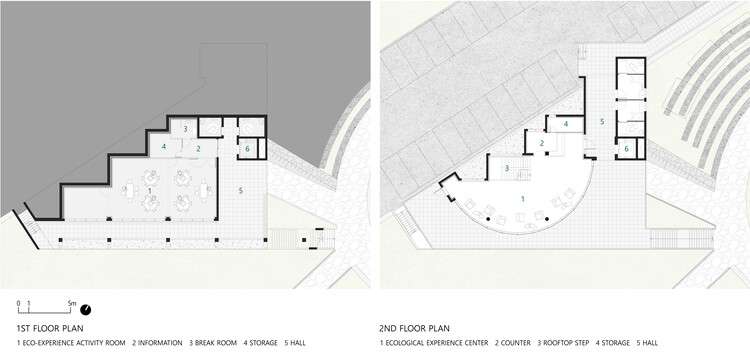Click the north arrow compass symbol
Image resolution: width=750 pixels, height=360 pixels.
[x=86, y=308]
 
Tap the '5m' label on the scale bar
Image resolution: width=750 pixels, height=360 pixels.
[x=71, y=301]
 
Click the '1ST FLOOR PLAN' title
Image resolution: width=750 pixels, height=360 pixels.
[x=50, y=328]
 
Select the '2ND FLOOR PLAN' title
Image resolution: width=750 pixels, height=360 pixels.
[x=415, y=328]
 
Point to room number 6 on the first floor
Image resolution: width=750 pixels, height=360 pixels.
[x=247, y=149]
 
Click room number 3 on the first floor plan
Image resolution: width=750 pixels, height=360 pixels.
[x=185, y=130]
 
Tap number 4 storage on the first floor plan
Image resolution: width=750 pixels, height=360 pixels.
[x=164, y=147]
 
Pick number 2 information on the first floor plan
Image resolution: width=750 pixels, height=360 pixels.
[x=198, y=148]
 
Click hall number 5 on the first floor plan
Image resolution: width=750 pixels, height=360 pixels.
[x=240, y=188]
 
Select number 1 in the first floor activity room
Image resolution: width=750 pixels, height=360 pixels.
[x=150, y=189]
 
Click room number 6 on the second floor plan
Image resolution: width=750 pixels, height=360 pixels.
[x=626, y=149]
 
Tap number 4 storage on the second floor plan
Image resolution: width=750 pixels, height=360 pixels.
[x=566, y=124]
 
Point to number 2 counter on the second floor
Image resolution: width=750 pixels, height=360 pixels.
[x=541, y=143]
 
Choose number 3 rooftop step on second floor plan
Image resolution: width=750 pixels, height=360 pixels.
[x=508, y=169]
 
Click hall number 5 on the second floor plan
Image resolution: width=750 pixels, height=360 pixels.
[x=601, y=121]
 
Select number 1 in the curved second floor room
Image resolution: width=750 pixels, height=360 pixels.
[x=522, y=199]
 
